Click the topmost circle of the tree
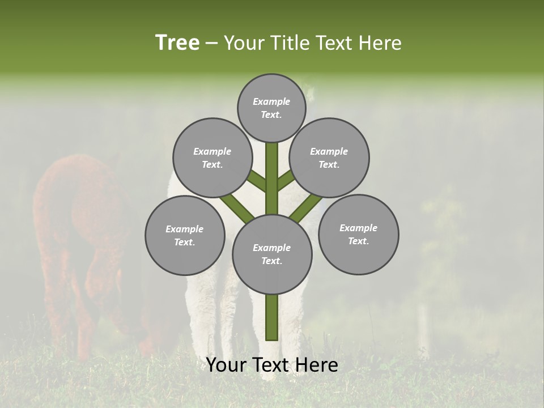271,108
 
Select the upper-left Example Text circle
212,158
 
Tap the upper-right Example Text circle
329,158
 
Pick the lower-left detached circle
185,235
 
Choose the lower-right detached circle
358,234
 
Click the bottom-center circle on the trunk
272,254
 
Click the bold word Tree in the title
177,42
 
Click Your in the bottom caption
227,365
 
